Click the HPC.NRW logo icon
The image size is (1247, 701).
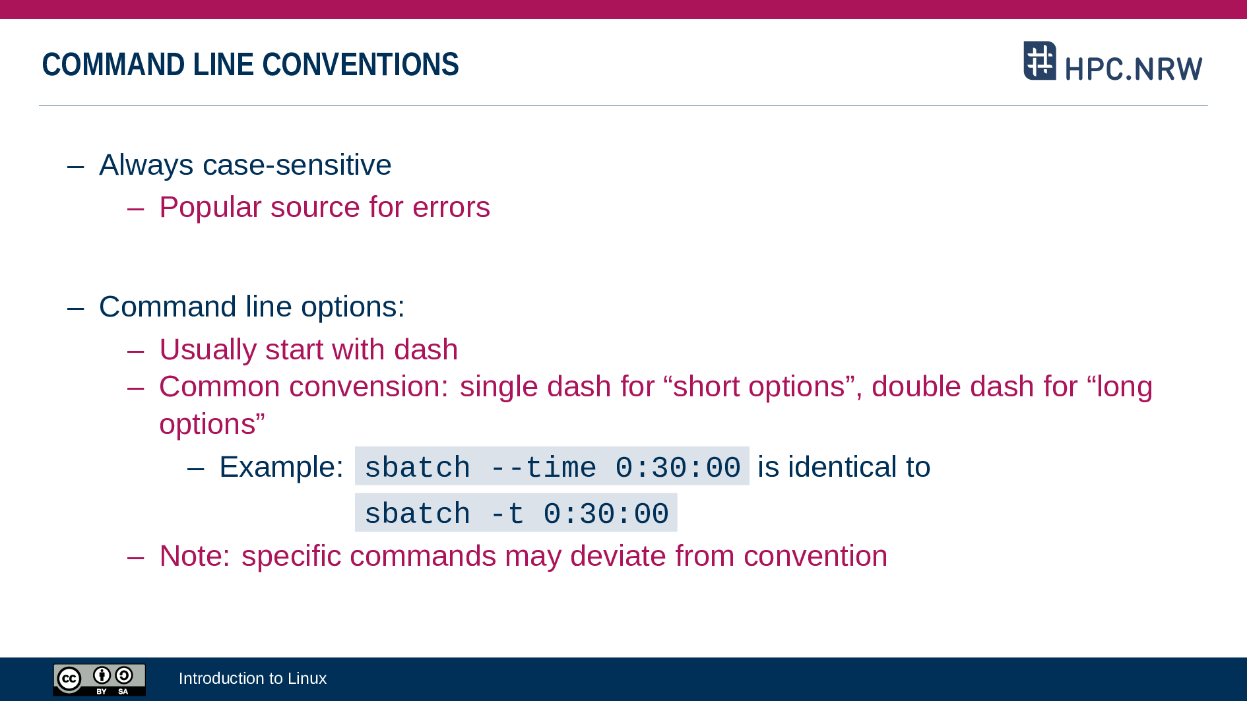(x=1040, y=61)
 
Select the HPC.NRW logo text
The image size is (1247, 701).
(x=1134, y=69)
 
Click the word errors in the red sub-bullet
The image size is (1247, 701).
(x=451, y=208)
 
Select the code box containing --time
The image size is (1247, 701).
(x=552, y=466)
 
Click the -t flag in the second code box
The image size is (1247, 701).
(x=507, y=514)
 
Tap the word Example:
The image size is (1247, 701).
(x=282, y=468)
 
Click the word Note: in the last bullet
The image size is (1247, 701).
(x=195, y=556)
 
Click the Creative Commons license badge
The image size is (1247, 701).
(x=100, y=679)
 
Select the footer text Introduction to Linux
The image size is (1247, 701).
(x=253, y=679)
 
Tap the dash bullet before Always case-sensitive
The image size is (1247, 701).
(x=76, y=166)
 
